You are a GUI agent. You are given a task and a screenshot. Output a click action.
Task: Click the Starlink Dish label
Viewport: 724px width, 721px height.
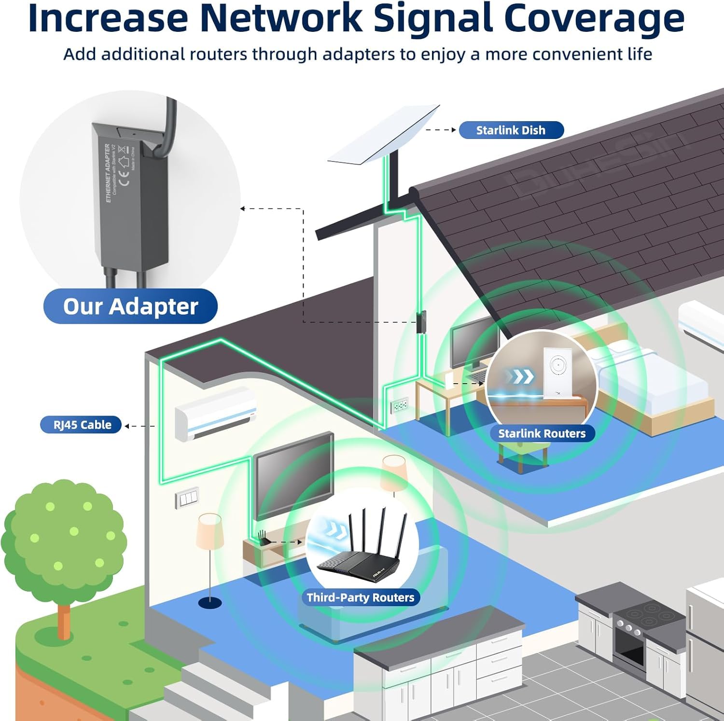point(511,130)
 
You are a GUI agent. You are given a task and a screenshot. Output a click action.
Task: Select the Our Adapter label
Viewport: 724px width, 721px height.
point(130,306)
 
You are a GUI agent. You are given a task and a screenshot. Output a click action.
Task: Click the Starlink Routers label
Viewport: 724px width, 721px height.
point(542,433)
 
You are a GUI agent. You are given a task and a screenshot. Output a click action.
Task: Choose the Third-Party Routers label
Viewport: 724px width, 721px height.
point(361,597)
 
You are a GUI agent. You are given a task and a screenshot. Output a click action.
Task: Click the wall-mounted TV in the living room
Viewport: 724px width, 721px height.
point(293,473)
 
